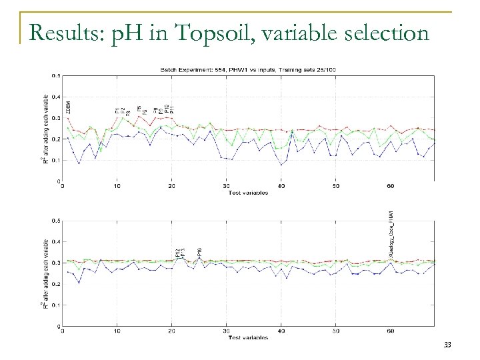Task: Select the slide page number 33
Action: point(447,345)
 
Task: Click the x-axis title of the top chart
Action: point(249,193)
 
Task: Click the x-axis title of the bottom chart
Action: point(249,337)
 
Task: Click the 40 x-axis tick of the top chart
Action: point(281,186)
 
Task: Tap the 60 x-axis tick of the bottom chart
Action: point(391,331)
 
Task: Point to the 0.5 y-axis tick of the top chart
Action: point(56,76)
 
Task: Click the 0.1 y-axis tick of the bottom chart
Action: point(56,305)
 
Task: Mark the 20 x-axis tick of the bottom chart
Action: point(172,331)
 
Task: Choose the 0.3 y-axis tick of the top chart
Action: point(56,118)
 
